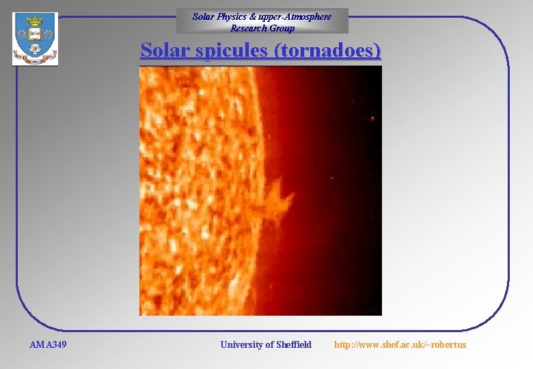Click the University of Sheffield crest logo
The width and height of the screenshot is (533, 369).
35,39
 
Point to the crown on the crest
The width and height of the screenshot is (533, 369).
35,21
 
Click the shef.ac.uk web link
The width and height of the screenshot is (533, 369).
400,344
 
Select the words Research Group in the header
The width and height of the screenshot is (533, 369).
262,28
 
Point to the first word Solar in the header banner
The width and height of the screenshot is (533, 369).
203,16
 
